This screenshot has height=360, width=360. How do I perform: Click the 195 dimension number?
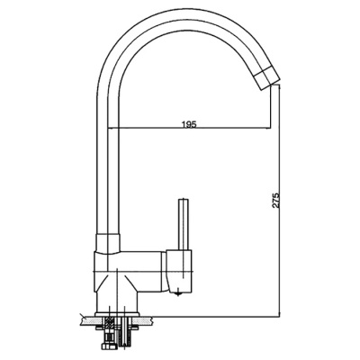pos(189,124)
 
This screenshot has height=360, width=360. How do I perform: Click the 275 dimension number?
pos(276,200)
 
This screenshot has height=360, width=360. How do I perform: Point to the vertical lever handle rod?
pos(183,224)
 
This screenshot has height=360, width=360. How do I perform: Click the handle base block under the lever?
pos(179,271)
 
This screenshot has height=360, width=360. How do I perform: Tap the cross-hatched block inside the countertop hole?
pos(109,322)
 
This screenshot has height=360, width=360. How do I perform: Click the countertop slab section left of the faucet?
pos(87,321)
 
